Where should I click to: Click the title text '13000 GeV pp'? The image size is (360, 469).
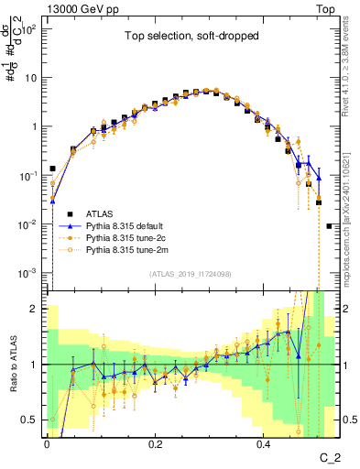tap(81, 8)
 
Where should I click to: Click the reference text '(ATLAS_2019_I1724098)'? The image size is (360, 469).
tap(190, 274)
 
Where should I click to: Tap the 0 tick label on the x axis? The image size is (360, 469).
tap(47, 444)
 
